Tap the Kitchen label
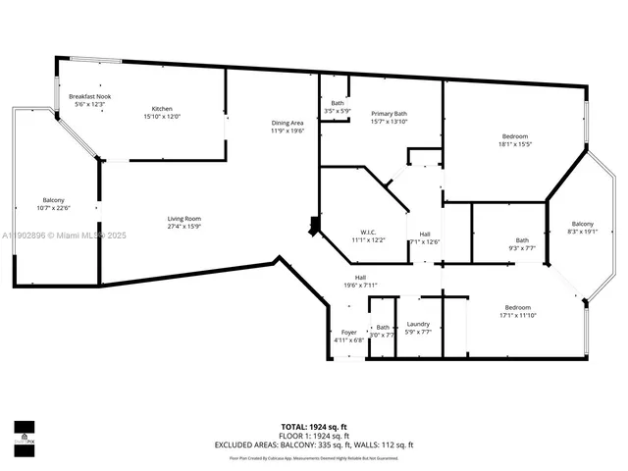[162, 108]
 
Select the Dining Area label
[288, 123]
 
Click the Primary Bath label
[389, 114]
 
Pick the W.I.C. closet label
[368, 234]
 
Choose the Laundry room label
[418, 324]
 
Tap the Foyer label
[349, 333]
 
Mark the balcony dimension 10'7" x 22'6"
[54, 207]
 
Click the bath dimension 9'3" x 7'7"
[522, 248]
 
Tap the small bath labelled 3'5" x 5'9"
[338, 111]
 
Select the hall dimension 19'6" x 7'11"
[360, 286]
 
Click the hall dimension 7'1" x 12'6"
[425, 241]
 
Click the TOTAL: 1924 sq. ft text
[314, 426]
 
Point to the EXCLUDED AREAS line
[314, 445]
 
